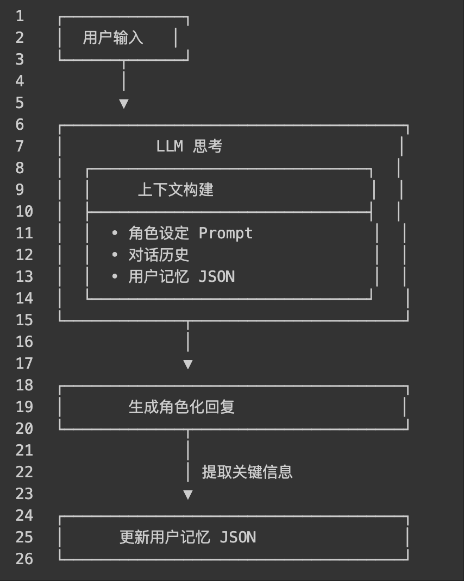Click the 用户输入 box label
click(113, 37)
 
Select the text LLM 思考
click(189, 146)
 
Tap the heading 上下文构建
click(175, 190)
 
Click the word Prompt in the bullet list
click(225, 233)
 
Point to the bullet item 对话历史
click(159, 255)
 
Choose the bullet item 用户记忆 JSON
click(181, 276)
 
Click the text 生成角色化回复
click(181, 407)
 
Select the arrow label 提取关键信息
click(247, 472)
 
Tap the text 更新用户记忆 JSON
click(187, 537)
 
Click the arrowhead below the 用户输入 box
click(124, 103)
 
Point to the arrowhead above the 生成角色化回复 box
click(188, 364)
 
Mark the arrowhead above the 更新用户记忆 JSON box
click(188, 494)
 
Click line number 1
click(20, 16)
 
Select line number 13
click(24, 276)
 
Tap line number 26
click(24, 559)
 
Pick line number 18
click(24, 385)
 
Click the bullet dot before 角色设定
click(115, 233)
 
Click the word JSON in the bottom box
click(238, 537)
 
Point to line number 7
click(20, 146)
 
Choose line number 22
click(24, 472)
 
